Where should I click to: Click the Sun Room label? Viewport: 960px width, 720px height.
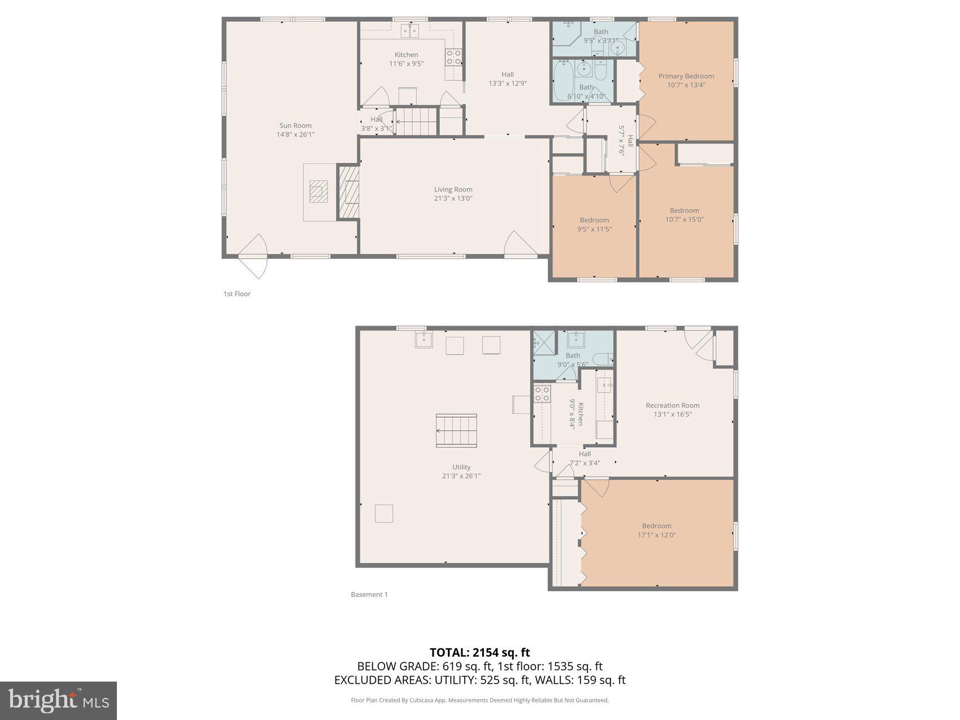(x=295, y=126)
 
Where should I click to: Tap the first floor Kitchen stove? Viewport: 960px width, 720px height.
(x=453, y=57)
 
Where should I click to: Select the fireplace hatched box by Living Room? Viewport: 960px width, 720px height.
(x=349, y=191)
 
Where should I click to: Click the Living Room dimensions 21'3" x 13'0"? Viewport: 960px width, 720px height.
(x=453, y=199)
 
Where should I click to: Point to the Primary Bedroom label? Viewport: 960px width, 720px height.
(x=686, y=76)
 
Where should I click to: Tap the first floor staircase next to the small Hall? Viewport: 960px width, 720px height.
(x=416, y=121)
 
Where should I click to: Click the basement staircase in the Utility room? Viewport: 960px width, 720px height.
(x=456, y=430)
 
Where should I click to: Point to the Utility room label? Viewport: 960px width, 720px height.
(x=461, y=467)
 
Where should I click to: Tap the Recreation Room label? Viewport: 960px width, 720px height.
(x=673, y=405)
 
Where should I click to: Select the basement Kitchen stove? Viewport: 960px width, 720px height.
(x=542, y=394)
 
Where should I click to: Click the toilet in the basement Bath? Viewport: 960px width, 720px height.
(x=604, y=358)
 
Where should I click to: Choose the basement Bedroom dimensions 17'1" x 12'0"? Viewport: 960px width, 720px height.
(x=657, y=535)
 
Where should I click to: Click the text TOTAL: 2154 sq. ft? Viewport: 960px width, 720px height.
(x=479, y=653)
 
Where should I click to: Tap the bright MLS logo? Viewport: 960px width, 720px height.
(x=59, y=701)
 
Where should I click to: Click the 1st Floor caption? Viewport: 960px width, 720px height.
(x=237, y=294)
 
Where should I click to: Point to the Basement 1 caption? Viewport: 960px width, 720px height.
(x=369, y=595)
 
